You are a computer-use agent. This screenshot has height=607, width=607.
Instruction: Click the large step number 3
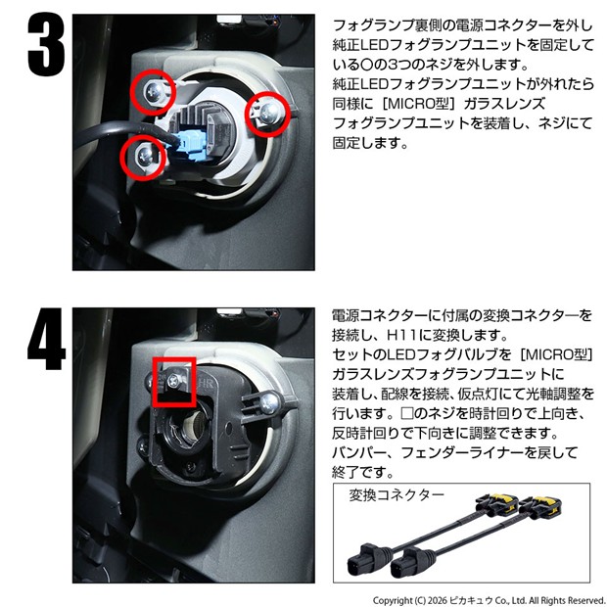click(x=46, y=44)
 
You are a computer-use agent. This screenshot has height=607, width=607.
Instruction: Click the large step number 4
click(x=46, y=339)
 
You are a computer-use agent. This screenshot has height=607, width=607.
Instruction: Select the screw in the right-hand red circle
click(x=268, y=112)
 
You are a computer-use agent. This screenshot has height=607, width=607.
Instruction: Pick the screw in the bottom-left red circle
click(x=144, y=155)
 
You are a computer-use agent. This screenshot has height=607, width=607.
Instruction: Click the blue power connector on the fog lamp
click(x=189, y=146)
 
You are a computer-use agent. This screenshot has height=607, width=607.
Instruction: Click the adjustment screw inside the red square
click(x=172, y=382)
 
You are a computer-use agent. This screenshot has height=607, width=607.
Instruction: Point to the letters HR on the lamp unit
click(x=206, y=385)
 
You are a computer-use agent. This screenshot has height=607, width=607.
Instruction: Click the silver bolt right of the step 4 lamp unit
click(x=269, y=403)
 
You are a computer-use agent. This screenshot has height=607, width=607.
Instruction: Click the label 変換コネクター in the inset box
click(x=397, y=495)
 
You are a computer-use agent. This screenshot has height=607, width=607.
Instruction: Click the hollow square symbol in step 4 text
click(x=407, y=413)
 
